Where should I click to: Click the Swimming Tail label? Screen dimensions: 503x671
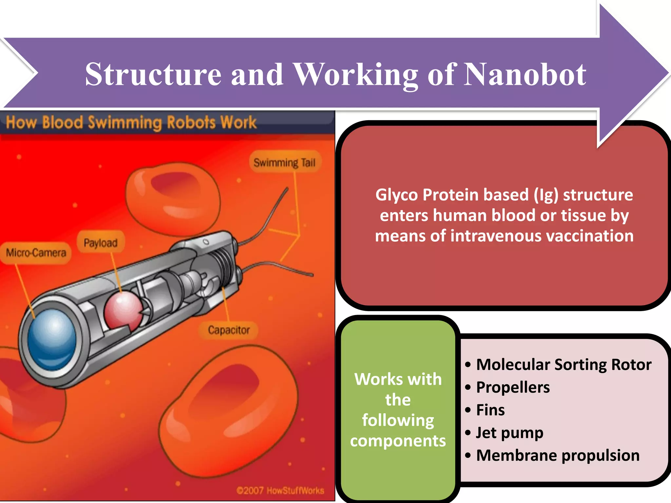[x=284, y=162]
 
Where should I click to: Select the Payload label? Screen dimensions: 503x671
[x=101, y=243]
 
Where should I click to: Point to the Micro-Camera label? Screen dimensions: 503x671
[x=36, y=253]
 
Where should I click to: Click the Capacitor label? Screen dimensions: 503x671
[x=229, y=330]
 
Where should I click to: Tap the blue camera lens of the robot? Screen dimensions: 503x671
[x=52, y=339]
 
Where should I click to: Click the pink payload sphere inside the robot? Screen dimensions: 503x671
[x=123, y=310]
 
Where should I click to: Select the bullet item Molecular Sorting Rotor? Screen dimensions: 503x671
[x=564, y=364]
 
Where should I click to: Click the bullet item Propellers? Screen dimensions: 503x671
[x=513, y=387]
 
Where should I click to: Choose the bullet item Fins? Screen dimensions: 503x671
[x=490, y=410]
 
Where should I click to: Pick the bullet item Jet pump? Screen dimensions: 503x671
[x=509, y=433]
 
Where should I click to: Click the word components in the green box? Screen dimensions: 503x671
[x=398, y=441]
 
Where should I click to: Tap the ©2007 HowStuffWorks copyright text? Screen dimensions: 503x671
[x=280, y=491]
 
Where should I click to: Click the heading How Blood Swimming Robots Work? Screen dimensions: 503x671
[x=131, y=122]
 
